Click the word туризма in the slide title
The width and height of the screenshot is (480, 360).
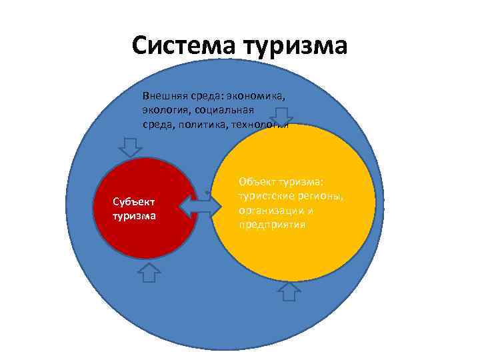[296, 47]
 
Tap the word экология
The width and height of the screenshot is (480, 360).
[166, 109]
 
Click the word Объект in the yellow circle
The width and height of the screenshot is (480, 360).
[256, 181]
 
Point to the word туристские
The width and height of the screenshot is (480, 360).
[266, 196]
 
